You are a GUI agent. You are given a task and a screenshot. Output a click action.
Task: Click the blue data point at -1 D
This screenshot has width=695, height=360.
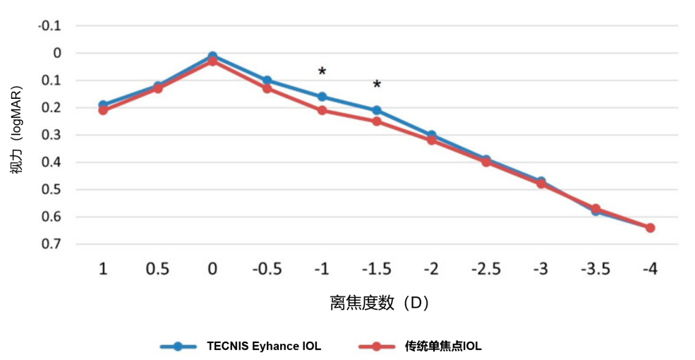click(x=322, y=97)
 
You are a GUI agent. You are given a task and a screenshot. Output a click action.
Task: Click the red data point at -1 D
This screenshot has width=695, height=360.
click(x=322, y=110)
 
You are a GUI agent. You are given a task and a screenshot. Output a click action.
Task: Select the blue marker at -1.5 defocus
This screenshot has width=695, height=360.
click(x=377, y=110)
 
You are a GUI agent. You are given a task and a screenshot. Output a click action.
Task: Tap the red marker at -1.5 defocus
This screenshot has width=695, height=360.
click(x=377, y=121)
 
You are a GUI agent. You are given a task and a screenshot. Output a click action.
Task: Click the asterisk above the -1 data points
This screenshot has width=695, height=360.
click(x=322, y=72)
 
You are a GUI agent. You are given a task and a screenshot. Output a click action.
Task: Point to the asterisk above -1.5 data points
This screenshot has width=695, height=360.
click(x=377, y=85)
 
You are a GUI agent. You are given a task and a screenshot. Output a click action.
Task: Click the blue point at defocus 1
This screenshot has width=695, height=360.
click(x=103, y=104)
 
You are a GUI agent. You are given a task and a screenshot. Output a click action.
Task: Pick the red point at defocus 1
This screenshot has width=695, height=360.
click(x=103, y=110)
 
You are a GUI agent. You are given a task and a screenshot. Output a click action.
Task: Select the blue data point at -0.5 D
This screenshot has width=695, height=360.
click(x=267, y=80)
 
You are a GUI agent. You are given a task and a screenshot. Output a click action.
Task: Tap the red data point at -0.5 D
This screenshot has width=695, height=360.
click(x=267, y=88)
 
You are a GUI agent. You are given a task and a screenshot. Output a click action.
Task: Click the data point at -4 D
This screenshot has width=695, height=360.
click(x=651, y=228)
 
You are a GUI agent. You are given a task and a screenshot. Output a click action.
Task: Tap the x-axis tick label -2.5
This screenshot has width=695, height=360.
click(x=486, y=269)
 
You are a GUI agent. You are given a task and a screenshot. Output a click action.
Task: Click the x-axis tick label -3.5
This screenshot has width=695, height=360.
click(x=596, y=269)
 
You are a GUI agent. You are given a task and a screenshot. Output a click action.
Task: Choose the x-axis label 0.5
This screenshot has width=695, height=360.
click(x=157, y=269)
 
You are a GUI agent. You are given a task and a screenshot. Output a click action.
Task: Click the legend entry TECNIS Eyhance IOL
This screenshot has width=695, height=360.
click(x=263, y=346)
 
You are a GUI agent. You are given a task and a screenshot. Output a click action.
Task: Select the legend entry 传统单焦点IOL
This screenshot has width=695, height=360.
click(x=443, y=346)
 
